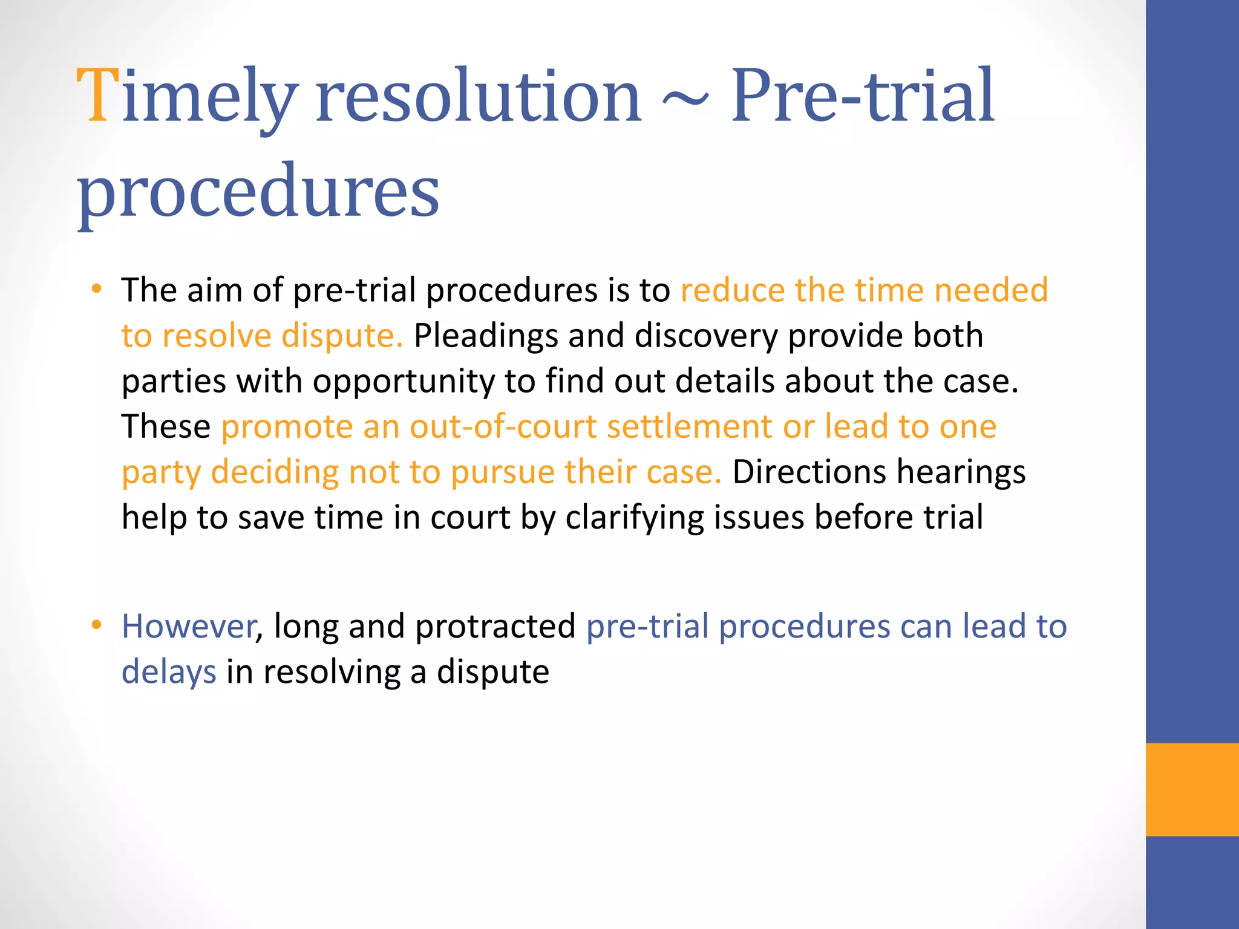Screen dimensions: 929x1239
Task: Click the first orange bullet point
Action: (97, 289)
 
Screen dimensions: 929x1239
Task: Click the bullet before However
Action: (97, 625)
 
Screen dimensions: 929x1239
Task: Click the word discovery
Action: (705, 336)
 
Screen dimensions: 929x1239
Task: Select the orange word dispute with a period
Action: (342, 336)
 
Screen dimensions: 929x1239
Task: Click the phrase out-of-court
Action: (503, 427)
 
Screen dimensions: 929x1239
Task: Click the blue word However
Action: (189, 627)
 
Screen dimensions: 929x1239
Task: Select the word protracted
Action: (495, 627)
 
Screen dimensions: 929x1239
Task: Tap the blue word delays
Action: (169, 672)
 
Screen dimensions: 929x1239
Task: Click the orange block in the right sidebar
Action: (1192, 789)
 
